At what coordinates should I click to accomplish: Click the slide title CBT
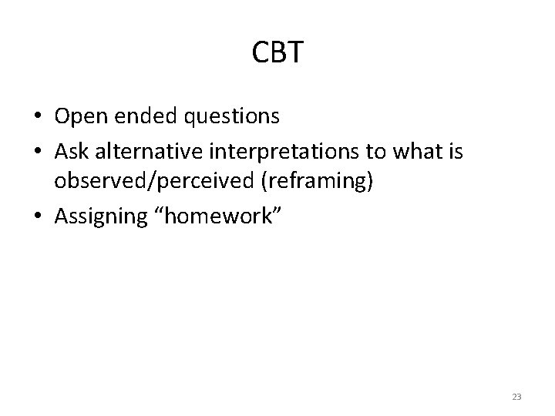pyautogui.click(x=277, y=52)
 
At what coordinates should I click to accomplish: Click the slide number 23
pyautogui.click(x=516, y=397)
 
